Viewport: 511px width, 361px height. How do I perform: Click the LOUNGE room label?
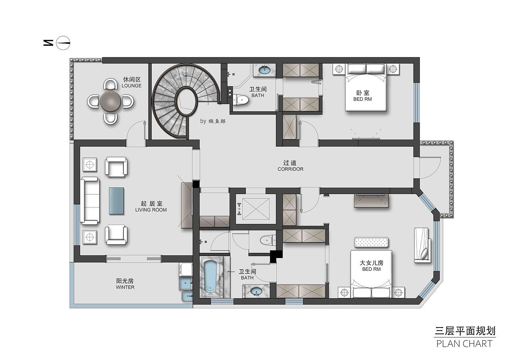point(132,86)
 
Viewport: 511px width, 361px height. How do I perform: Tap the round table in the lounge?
point(111,102)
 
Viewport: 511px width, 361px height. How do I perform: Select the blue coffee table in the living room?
point(116,201)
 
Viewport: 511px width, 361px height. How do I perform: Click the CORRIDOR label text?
point(290,169)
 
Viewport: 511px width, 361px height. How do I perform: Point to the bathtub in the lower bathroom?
point(210,277)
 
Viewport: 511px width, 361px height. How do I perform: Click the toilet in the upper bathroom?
point(241,100)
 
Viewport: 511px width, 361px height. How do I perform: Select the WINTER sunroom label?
point(125,287)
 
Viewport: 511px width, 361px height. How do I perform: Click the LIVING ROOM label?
point(151,210)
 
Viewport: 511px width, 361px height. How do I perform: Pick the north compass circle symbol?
point(63,43)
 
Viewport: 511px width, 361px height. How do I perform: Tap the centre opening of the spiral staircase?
point(187,102)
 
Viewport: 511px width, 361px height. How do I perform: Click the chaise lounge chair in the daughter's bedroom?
point(422,245)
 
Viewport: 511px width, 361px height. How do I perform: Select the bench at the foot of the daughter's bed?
point(371,242)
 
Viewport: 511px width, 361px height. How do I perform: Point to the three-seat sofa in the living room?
point(90,201)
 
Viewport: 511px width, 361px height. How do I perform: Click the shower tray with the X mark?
point(256,209)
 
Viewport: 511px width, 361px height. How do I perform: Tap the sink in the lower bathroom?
point(256,291)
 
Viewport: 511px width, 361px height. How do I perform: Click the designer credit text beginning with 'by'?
point(213,121)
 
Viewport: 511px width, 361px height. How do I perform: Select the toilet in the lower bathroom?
point(268,240)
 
